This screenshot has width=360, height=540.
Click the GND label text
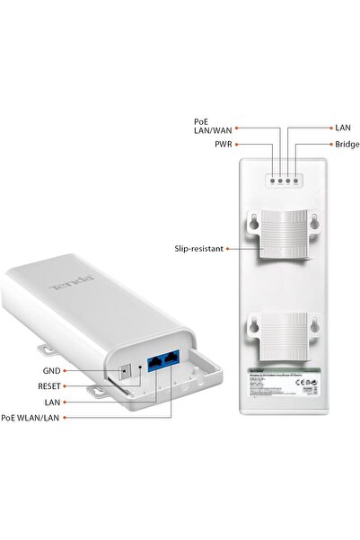(x=54, y=369)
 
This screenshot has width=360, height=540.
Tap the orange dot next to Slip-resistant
(x=229, y=247)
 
